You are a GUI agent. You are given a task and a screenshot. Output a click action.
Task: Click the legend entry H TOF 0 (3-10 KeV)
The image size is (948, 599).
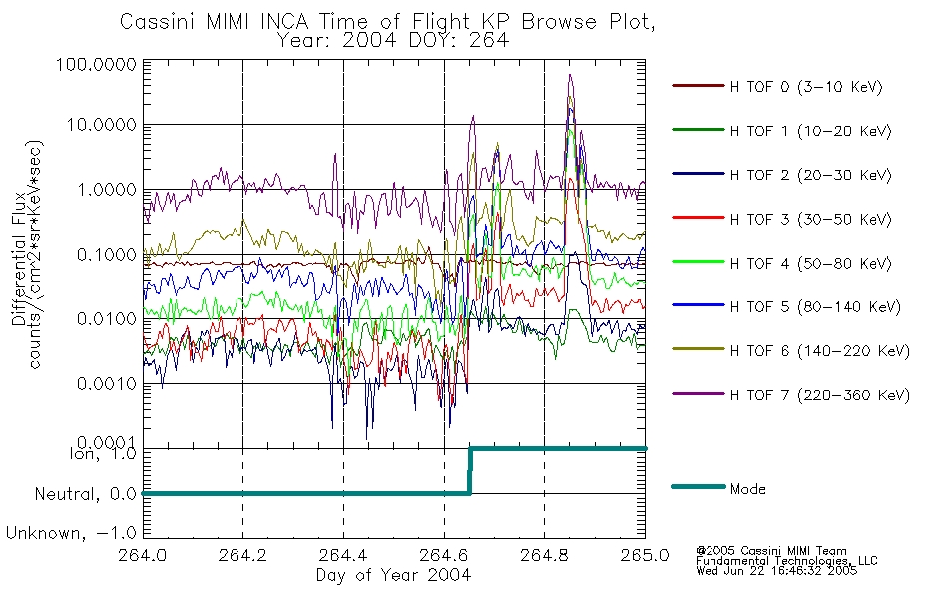pos(806,87)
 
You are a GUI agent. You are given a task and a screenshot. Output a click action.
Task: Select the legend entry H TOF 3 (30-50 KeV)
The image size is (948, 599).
pos(810,219)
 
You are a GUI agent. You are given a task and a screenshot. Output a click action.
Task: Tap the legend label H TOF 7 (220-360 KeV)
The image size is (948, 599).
pos(820,395)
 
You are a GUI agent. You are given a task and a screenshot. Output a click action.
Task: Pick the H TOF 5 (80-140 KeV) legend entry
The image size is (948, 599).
pos(815,306)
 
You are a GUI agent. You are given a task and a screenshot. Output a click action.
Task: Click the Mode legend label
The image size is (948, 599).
pos(747,489)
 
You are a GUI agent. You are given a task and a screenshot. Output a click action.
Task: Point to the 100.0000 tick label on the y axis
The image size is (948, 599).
pos(96,64)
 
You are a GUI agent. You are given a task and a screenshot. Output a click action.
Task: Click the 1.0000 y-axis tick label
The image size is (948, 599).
pos(107,190)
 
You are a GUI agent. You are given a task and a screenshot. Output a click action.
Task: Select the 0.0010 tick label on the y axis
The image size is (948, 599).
pos(107,384)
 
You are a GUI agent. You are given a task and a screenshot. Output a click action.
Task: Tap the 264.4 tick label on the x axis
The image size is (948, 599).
pos(343,555)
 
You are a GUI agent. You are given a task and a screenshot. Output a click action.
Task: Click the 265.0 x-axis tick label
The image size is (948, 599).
pos(645,555)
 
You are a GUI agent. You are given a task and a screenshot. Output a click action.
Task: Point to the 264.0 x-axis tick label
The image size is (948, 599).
pos(143,555)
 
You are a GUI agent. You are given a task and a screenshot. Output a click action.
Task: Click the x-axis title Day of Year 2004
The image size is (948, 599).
pos(393,575)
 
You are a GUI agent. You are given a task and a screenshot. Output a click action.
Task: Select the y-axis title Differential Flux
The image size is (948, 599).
pos(19,259)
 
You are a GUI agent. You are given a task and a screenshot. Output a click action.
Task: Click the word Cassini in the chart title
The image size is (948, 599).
pos(159,21)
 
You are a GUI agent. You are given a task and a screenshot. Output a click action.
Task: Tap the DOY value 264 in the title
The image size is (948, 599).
pos(491,40)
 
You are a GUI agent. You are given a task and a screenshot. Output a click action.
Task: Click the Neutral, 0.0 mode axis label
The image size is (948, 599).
pos(86,494)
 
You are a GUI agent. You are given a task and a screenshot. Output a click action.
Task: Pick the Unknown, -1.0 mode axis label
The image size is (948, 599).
pos(71,533)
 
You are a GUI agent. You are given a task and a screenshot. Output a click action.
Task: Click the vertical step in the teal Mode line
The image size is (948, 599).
pos(470,471)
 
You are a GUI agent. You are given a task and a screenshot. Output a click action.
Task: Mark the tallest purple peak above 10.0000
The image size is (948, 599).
pos(570,75)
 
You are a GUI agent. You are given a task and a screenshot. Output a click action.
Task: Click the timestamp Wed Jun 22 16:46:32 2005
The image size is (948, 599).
pos(776,571)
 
